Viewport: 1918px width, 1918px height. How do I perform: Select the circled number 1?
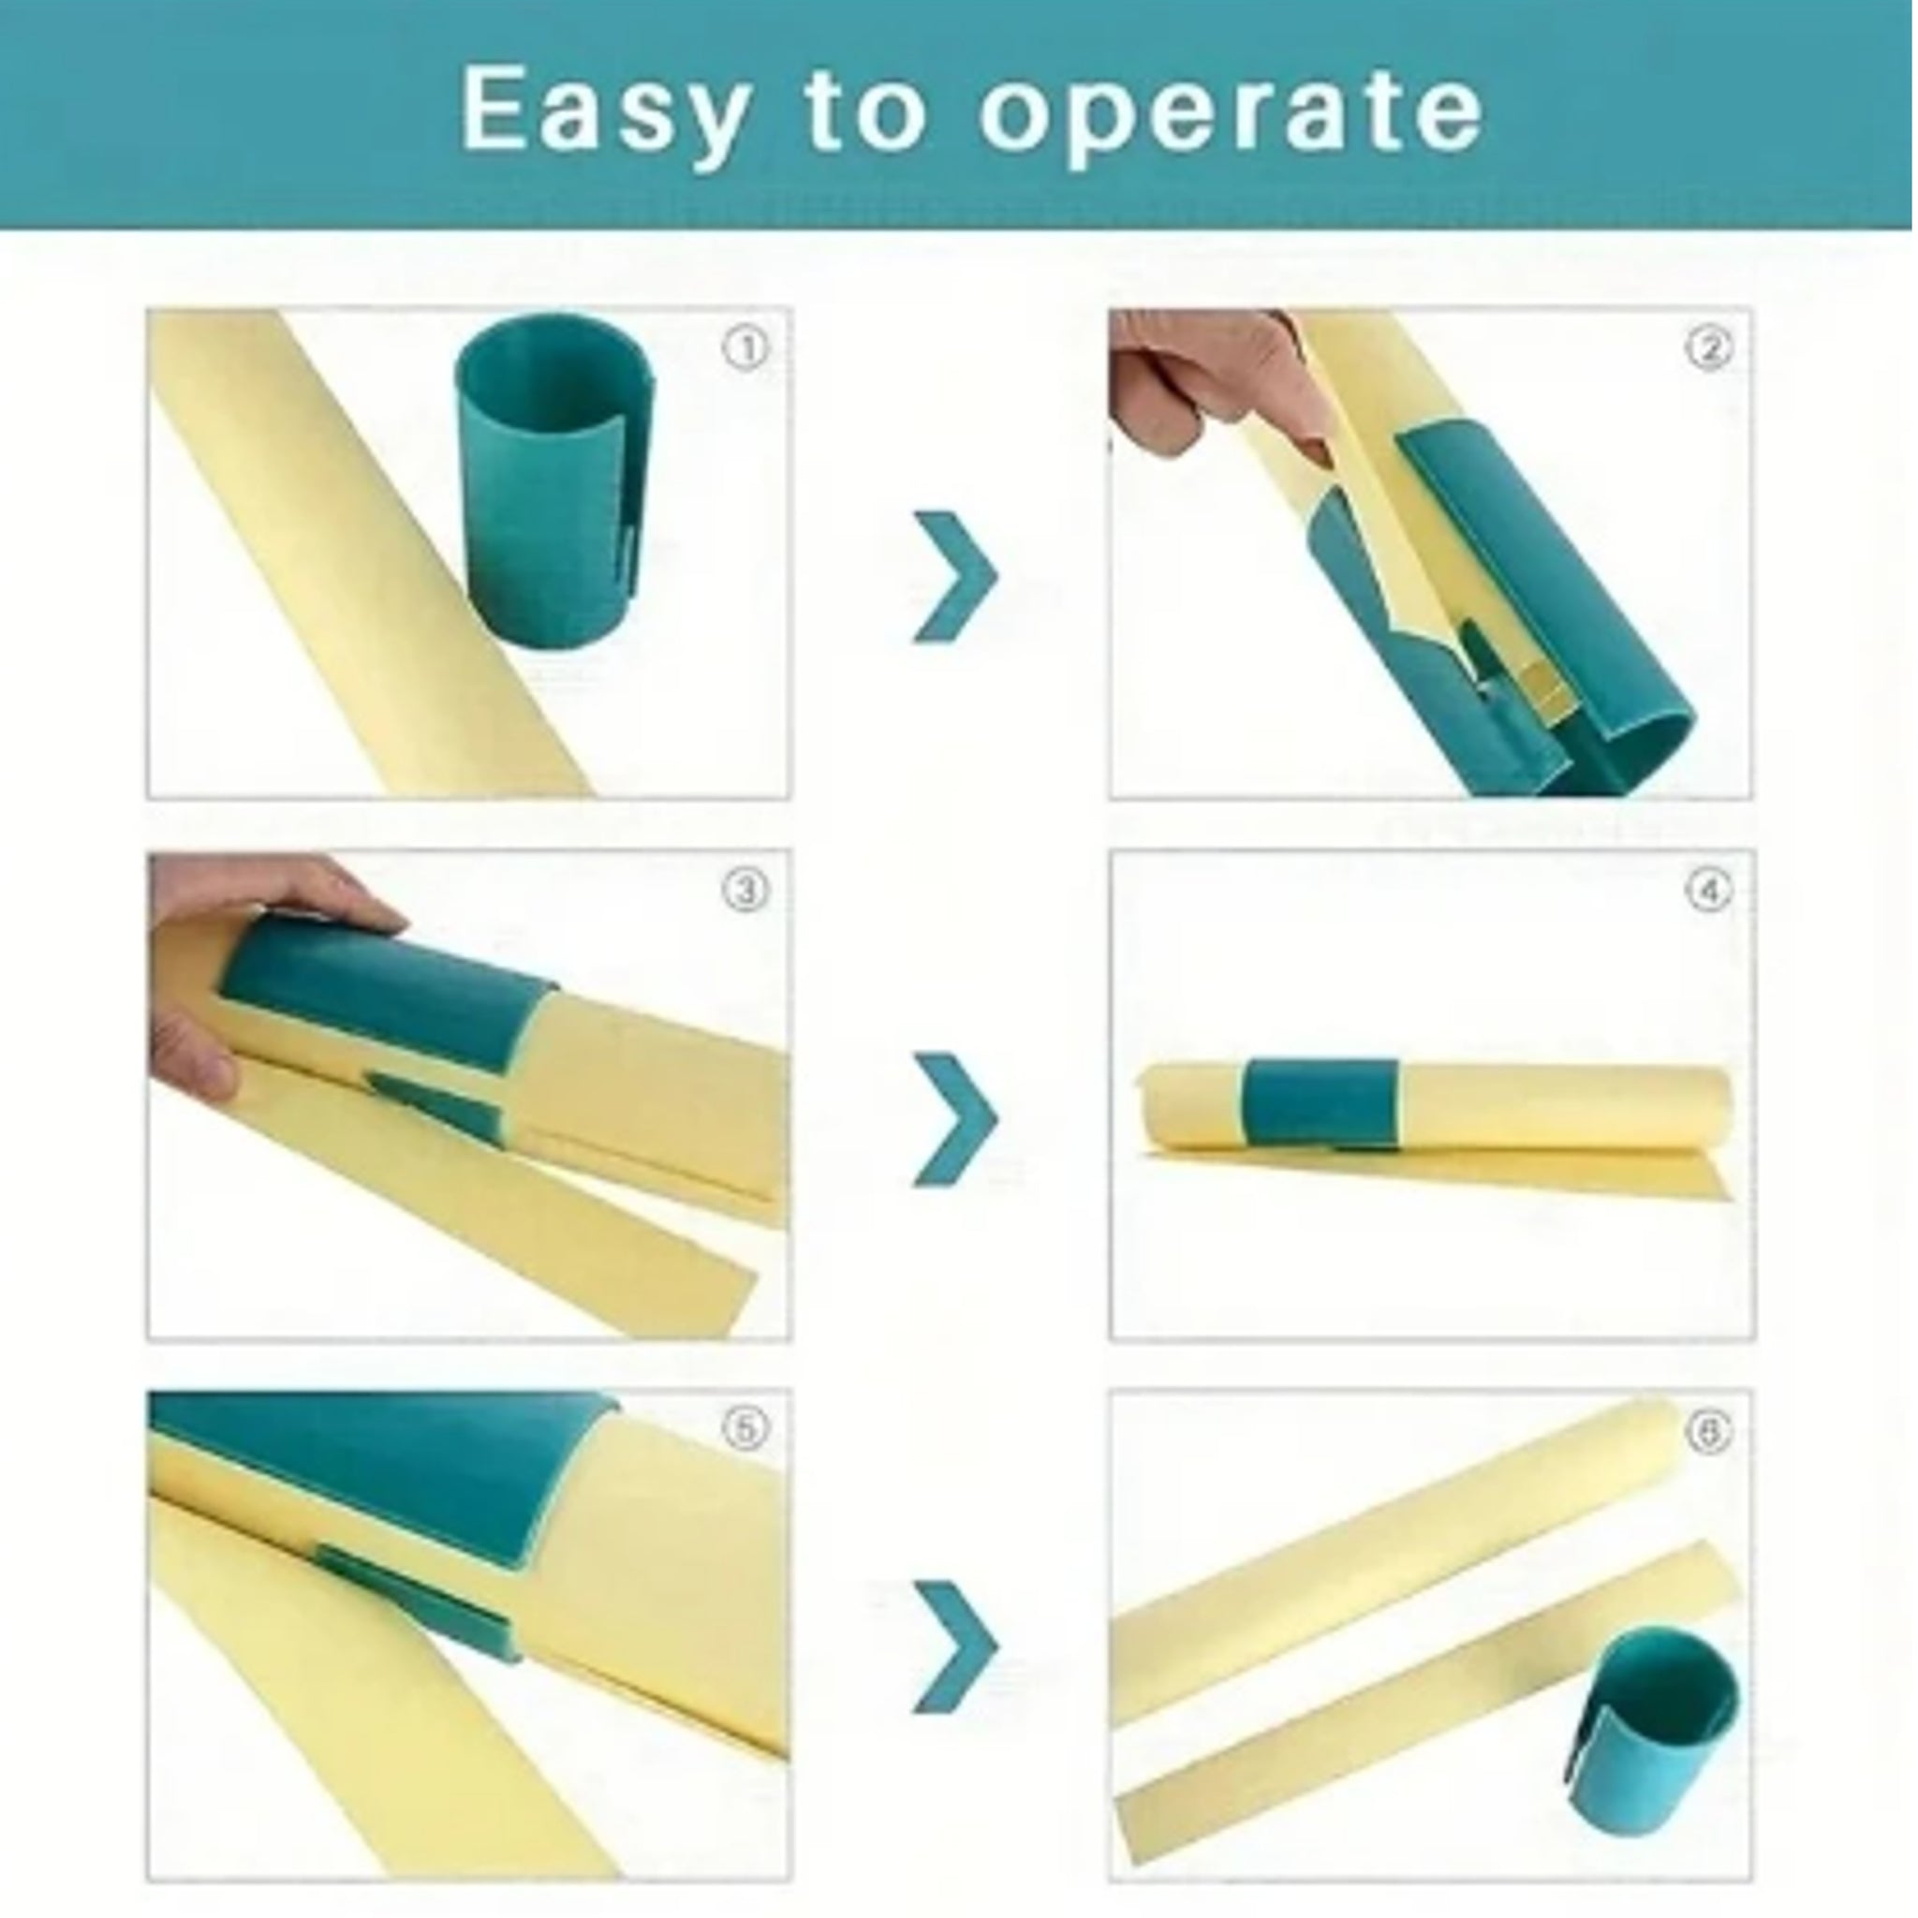click(745, 348)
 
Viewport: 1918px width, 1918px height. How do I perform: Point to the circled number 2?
click(1708, 347)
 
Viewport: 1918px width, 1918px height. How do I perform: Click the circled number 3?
click(745, 891)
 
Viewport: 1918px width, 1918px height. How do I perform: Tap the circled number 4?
click(1708, 891)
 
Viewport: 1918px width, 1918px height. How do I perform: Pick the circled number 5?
click(745, 1428)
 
